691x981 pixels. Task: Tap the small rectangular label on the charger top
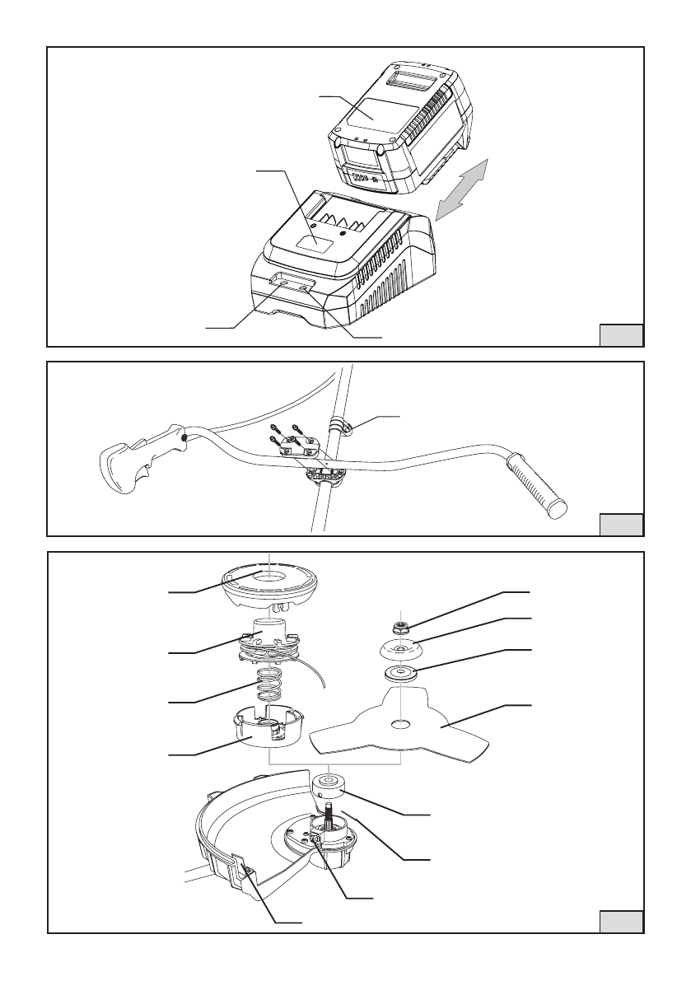click(310, 241)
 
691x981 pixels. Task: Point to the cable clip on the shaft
click(338, 427)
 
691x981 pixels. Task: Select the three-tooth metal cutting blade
click(404, 725)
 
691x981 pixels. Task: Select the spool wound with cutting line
click(272, 647)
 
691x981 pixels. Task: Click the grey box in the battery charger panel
click(620, 335)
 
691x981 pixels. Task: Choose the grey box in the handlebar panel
click(620, 525)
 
